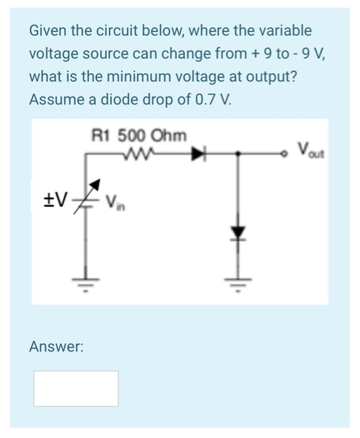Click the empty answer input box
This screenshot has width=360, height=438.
coord(76,388)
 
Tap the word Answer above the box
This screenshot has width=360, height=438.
coord(56,346)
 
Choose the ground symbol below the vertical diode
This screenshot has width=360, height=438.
coord(237,283)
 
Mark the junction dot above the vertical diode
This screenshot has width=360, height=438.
coord(237,151)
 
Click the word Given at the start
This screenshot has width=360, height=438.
coord(48,30)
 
